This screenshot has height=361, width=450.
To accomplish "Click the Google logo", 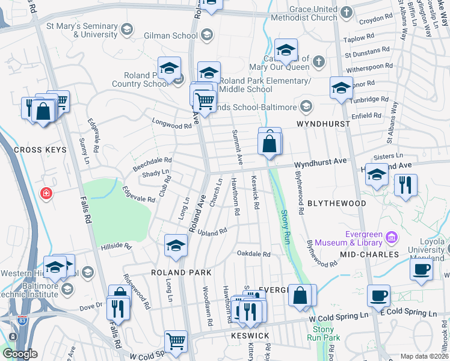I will (19, 354).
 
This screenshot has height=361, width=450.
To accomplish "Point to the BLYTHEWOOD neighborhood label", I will (337, 203).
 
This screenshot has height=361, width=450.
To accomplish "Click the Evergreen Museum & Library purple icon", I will (392, 237).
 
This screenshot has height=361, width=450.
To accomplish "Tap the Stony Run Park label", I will (323, 333).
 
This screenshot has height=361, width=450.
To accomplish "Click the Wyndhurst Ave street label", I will (321, 162).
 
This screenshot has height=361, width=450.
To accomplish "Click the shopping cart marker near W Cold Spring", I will (176, 342).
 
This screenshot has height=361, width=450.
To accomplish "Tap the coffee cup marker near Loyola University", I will (422, 268).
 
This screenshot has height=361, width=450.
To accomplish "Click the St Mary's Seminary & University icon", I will (126, 29).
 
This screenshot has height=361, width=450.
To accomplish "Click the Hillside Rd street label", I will (116, 246).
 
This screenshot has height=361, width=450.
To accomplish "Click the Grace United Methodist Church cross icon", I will (347, 11).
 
